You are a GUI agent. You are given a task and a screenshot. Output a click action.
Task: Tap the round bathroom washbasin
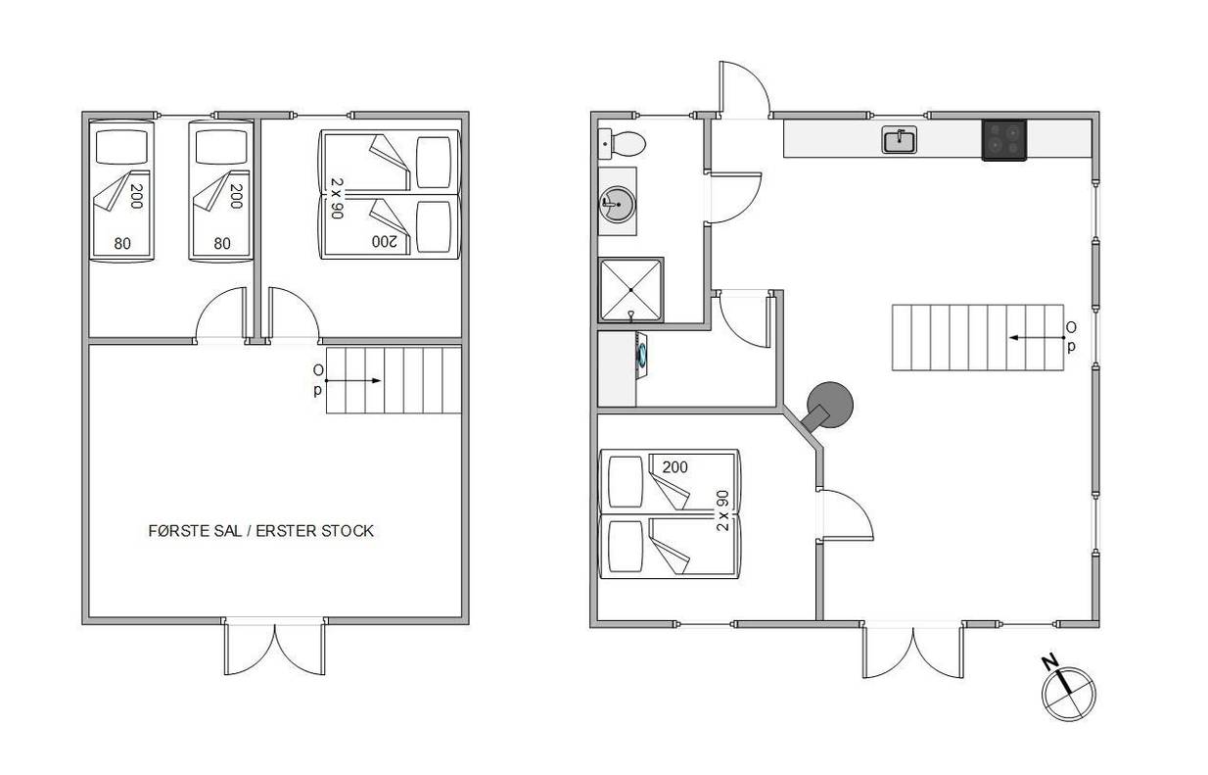(x=618, y=204)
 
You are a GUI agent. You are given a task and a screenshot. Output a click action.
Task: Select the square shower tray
(x=631, y=290)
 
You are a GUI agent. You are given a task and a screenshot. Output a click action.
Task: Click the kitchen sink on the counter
(x=899, y=140)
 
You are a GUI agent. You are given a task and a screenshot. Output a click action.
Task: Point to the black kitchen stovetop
(x=1003, y=140)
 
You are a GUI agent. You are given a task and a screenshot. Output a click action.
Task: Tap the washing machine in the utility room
(x=642, y=356)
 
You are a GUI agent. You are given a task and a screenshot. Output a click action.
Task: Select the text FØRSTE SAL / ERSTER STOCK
(x=261, y=531)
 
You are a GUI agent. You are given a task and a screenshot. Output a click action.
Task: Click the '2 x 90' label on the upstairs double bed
(x=337, y=198)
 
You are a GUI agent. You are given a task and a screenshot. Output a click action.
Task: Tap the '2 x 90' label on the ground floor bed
(x=722, y=510)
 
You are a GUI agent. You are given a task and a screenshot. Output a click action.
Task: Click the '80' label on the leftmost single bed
(x=122, y=244)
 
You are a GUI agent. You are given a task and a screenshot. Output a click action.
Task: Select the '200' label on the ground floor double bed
(x=674, y=466)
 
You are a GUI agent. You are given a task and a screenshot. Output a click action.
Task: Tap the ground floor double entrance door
(x=913, y=650)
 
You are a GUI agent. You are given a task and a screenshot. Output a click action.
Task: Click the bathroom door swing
(x=733, y=198)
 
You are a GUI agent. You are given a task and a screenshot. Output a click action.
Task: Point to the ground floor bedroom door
(x=845, y=514)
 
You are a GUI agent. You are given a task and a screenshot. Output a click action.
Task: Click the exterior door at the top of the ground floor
(x=745, y=89)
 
